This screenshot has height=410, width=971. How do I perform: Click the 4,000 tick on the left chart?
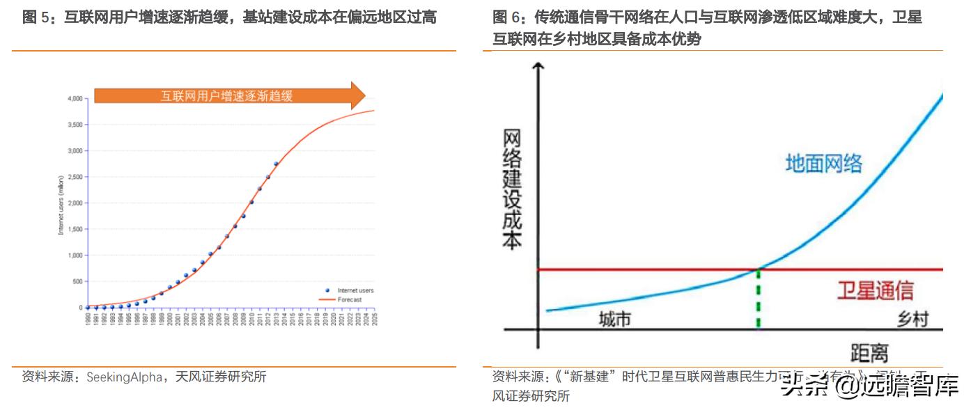tap(75, 99)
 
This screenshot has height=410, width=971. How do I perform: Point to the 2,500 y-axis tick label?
tap(75, 177)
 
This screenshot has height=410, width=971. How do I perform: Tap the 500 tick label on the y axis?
tap(77, 281)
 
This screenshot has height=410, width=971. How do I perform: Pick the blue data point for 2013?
tap(276, 164)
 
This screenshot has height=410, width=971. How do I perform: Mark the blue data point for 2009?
tap(243, 216)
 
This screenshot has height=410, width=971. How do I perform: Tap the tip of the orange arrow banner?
tap(364, 95)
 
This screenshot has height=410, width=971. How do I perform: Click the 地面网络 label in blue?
tap(824, 164)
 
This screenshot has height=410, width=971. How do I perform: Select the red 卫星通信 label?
tap(875, 291)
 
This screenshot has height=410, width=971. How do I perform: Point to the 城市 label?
tap(615, 319)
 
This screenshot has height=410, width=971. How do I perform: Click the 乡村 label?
tap(912, 319)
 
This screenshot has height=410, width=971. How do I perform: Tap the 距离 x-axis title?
tap(869, 352)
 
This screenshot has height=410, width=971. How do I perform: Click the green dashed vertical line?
tap(758, 299)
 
